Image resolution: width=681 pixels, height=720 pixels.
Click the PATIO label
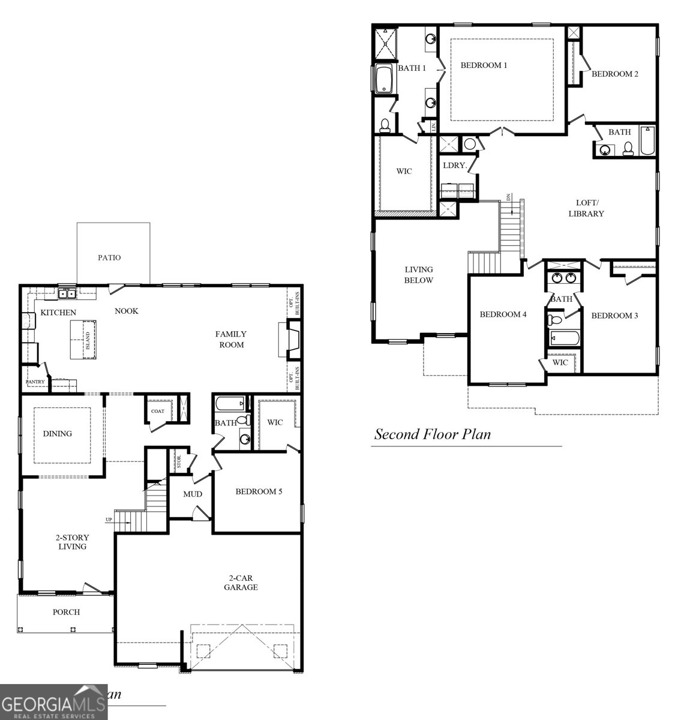[x=109, y=257]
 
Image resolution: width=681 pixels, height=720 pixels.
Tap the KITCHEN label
[x=58, y=313]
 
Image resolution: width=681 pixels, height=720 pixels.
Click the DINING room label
[x=57, y=433]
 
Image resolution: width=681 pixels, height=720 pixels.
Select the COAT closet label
[x=157, y=411]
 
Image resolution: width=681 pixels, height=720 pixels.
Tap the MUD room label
[x=193, y=494]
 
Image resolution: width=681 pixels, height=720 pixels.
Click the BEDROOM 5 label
[x=259, y=491]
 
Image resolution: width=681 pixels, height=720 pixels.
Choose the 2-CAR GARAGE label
[x=241, y=583]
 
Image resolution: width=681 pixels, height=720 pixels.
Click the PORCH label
[x=65, y=612]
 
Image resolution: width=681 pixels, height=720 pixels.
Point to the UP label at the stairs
[x=109, y=520]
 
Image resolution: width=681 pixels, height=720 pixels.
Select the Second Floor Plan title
[x=432, y=434]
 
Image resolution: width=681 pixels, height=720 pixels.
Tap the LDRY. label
[x=454, y=165]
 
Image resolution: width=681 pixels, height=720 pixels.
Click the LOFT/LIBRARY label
[x=586, y=208]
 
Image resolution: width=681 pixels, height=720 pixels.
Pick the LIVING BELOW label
[x=418, y=275]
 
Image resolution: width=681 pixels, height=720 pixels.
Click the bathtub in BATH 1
[x=383, y=79]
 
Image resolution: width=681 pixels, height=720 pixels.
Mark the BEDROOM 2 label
[x=614, y=74]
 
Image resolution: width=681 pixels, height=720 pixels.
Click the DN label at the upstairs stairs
[x=508, y=197]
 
